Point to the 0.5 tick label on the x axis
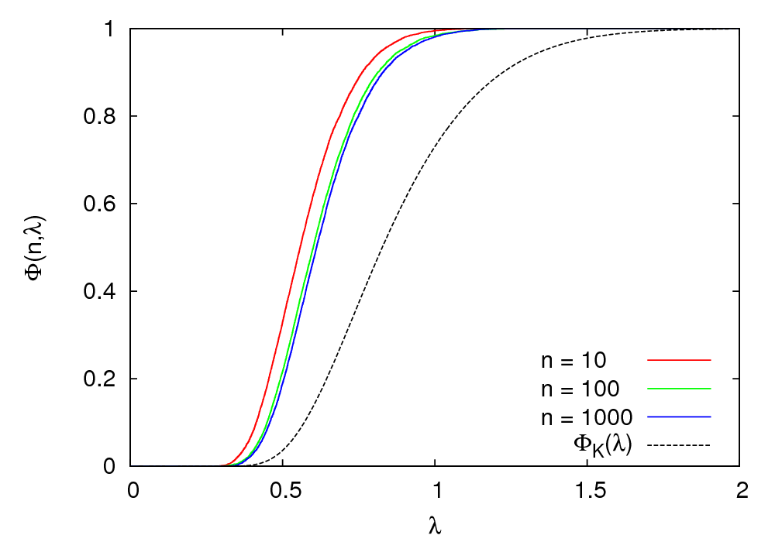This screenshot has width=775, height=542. click(283, 489)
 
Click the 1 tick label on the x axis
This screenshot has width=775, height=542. click(436, 489)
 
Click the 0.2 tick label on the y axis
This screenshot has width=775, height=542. click(99, 379)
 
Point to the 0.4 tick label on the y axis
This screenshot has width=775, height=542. click(99, 292)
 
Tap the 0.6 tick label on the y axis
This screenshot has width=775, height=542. click(99, 204)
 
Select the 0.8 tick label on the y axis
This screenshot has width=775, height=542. click(99, 117)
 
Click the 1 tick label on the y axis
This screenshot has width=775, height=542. click(111, 29)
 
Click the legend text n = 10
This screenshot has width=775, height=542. click(573, 361)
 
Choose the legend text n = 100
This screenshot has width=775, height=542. click(580, 389)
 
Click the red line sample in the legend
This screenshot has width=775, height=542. click(678, 360)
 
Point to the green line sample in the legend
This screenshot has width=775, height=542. click(678, 388)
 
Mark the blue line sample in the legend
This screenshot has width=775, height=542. click(678, 417)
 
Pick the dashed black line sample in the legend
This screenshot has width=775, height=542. click(678, 444)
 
